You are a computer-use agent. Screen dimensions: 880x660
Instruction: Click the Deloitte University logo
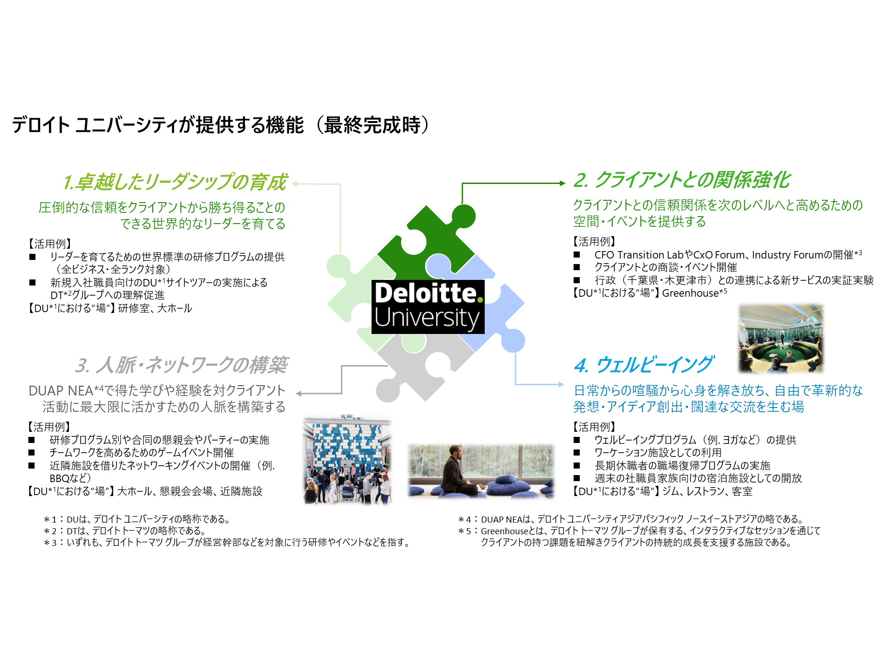coord(428,306)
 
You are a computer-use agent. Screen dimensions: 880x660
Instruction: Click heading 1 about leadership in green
coord(175,182)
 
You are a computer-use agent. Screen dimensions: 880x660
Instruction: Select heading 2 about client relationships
coord(682,180)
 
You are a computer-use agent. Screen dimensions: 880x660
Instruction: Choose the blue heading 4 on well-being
coord(643,365)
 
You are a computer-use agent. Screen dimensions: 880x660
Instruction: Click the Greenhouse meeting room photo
coord(781,339)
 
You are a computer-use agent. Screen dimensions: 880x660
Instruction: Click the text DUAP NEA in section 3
coord(61,391)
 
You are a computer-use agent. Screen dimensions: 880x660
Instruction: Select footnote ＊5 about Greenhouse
coord(639,537)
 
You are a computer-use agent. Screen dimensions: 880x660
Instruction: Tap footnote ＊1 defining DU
coord(137,519)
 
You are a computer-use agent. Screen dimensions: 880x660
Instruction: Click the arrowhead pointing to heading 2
coord(562,183)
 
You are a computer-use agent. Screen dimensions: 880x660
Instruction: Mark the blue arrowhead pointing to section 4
coord(561,384)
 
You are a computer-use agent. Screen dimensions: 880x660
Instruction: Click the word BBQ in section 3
coord(60,478)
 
